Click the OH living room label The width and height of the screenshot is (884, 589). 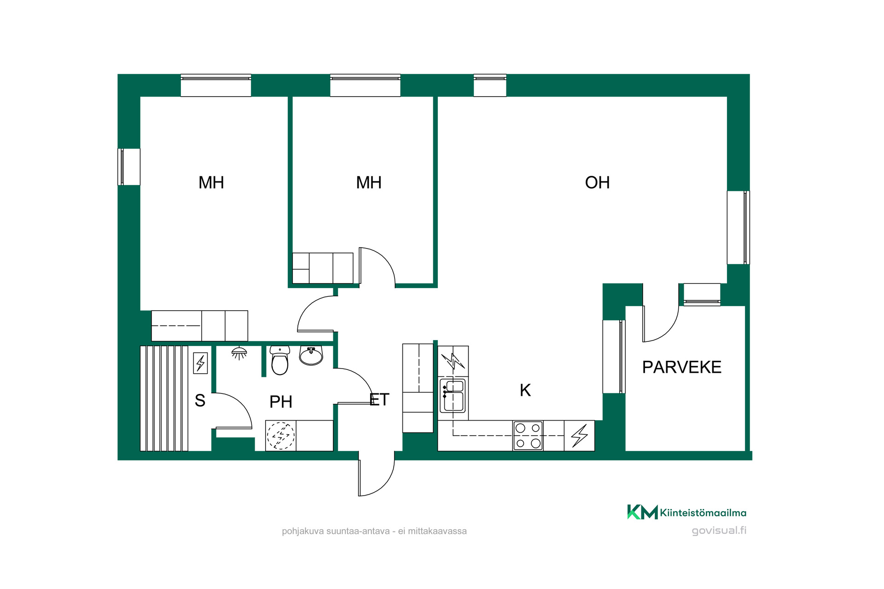click(597, 183)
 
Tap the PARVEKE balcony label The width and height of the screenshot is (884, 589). click(682, 367)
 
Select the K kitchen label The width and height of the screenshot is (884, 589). click(525, 390)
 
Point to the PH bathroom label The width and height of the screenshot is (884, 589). click(281, 402)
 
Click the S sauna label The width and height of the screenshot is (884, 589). click(200, 400)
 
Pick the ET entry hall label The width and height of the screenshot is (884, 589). click(379, 399)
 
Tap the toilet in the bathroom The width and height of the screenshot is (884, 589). click(279, 360)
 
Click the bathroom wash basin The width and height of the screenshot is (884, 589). click(311, 355)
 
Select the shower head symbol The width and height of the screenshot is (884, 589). click(239, 353)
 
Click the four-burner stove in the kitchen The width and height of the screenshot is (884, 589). click(528, 435)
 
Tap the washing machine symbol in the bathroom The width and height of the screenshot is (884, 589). click(280, 435)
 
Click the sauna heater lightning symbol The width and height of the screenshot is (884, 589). click(200, 363)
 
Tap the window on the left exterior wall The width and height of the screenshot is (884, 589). click(129, 167)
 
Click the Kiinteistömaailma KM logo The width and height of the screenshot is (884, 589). click(642, 512)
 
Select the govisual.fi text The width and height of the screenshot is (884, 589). click(719, 531)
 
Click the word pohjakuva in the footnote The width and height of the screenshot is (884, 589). click(303, 531)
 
